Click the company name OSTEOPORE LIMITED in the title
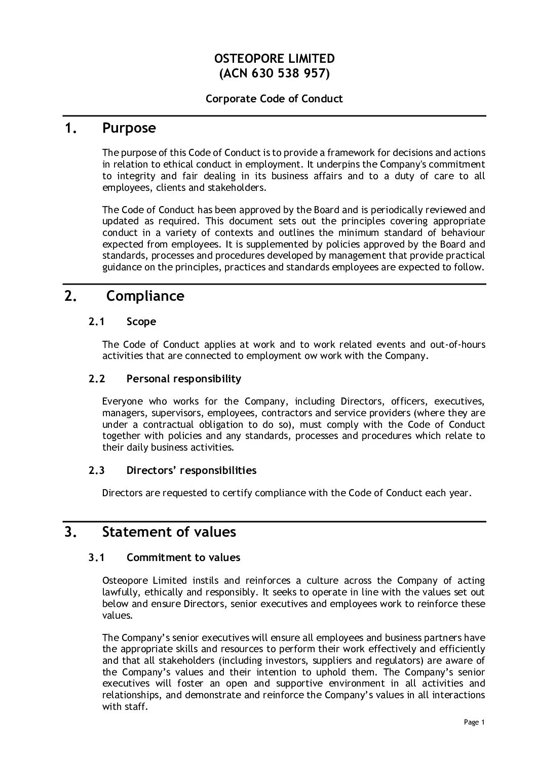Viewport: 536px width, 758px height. coord(274,59)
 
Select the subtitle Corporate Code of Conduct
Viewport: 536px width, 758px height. coord(274,99)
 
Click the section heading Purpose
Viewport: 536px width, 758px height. coord(129,128)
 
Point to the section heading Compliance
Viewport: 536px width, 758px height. coord(145,296)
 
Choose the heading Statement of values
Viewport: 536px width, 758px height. coord(169,532)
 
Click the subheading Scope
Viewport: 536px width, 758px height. coord(141,322)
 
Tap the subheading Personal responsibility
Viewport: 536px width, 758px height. coord(184,379)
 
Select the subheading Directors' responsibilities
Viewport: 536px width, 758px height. coord(192,470)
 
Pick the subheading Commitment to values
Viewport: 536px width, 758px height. coord(183,557)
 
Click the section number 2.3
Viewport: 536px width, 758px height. coord(96,470)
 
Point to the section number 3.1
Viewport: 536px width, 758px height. coord(96,557)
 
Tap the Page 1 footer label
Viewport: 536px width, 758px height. coord(475,723)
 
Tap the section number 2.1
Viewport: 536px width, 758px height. coord(96,322)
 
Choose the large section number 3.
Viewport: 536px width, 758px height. coord(70,532)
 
